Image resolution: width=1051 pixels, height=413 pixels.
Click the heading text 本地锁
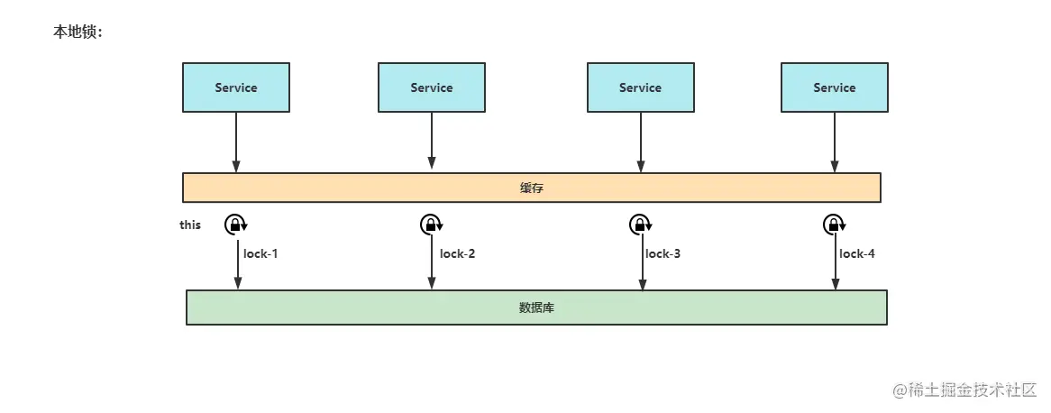click(x=78, y=32)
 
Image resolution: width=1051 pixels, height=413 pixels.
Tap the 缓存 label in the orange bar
click(x=532, y=188)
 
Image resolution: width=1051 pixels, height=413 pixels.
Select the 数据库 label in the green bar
click(x=536, y=307)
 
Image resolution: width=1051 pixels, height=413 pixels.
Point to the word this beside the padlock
click(x=190, y=225)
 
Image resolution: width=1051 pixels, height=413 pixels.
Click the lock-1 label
click(x=260, y=253)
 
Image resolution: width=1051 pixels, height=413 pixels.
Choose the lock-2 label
click(x=457, y=253)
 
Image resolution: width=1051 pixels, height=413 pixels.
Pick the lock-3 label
click(x=663, y=253)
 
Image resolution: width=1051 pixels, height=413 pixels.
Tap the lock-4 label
click(x=857, y=253)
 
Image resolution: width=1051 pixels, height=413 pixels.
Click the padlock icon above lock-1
click(x=235, y=225)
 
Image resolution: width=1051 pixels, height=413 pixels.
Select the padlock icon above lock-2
click(x=431, y=225)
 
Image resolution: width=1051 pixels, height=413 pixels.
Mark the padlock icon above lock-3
click(x=640, y=225)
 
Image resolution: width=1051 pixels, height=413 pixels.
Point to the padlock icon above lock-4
click(x=834, y=225)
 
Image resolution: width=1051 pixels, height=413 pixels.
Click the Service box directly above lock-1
click(x=236, y=87)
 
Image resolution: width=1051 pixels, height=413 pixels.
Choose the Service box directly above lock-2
click(x=432, y=87)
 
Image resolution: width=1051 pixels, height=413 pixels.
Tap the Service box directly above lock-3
click(x=641, y=87)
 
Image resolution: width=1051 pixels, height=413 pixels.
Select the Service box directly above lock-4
click(x=835, y=87)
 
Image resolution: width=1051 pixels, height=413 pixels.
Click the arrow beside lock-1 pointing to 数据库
click(x=239, y=266)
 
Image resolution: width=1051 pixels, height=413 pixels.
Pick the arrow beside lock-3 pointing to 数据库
click(x=642, y=266)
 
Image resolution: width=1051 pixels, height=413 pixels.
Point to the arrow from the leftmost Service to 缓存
click(x=236, y=142)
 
